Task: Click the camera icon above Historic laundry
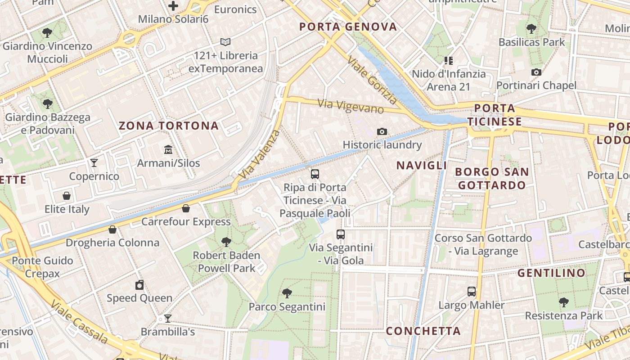click(382, 131)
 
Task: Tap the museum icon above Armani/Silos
click(168, 149)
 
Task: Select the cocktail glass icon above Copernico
click(94, 162)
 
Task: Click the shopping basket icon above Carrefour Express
click(185, 208)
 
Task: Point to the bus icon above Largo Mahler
click(472, 292)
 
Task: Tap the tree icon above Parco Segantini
click(287, 293)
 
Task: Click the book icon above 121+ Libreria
click(225, 42)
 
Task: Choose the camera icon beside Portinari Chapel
click(536, 72)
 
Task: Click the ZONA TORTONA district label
click(169, 126)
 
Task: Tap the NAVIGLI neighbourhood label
click(422, 165)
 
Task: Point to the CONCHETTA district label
click(423, 331)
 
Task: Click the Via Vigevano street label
click(351, 106)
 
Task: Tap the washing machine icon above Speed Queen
click(139, 285)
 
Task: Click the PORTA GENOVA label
click(348, 27)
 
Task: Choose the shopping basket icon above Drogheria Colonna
click(112, 229)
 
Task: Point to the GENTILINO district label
click(551, 273)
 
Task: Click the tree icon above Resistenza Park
click(563, 302)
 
